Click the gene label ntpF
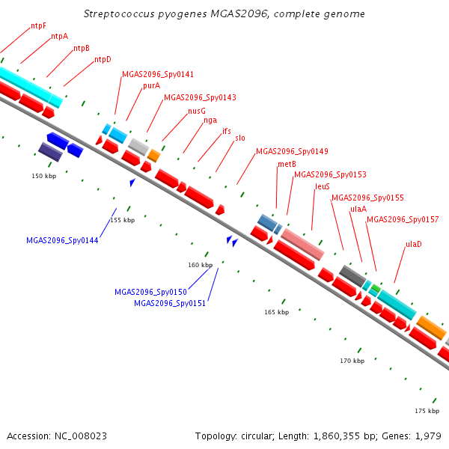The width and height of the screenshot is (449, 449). click(x=38, y=25)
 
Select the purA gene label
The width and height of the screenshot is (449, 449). click(x=151, y=85)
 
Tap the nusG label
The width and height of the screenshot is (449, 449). click(x=197, y=111)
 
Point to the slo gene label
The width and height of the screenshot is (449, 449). click(x=240, y=138)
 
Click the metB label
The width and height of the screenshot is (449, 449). click(x=287, y=164)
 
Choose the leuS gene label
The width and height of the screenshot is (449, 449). click(x=323, y=186)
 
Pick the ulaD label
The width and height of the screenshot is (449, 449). click(x=414, y=244)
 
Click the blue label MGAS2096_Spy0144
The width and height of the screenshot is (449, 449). click(x=62, y=240)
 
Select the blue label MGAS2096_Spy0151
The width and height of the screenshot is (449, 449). click(x=170, y=303)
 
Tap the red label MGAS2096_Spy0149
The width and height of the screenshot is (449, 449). click(x=292, y=151)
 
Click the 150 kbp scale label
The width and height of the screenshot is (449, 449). click(x=44, y=176)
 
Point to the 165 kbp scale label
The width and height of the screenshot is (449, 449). click(x=277, y=312)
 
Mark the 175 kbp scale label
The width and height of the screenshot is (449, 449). click(x=427, y=411)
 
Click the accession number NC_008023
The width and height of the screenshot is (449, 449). click(x=81, y=436)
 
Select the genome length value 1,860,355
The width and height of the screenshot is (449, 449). click(x=337, y=436)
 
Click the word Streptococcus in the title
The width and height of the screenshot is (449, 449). click(x=119, y=13)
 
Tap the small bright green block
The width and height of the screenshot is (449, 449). click(x=376, y=288)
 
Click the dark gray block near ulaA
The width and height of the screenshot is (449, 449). click(x=352, y=275)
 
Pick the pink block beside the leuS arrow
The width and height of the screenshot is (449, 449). click(x=302, y=244)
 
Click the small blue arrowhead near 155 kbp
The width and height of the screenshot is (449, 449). click(x=132, y=182)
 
